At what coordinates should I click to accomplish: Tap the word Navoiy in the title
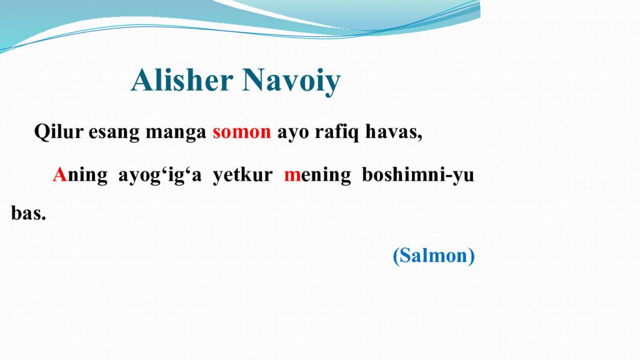click(x=291, y=81)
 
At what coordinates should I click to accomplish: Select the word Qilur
click(x=59, y=132)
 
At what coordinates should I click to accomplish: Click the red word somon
click(x=241, y=132)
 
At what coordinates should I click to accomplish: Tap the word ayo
click(x=289, y=133)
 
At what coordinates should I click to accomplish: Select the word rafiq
click(x=334, y=132)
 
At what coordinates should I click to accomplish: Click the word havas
click(x=392, y=132)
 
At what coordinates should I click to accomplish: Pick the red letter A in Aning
click(x=59, y=175)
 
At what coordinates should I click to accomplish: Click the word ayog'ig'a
click(x=160, y=176)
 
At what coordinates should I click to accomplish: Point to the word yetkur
click(x=242, y=175)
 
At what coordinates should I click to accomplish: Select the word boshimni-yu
click(x=417, y=176)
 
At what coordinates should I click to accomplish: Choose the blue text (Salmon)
click(x=434, y=256)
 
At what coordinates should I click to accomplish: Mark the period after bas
click(x=44, y=218)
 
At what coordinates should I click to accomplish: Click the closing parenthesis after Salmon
click(x=471, y=256)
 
